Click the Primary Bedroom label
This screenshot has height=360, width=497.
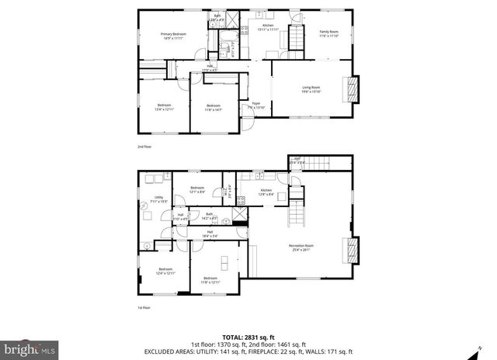[x=173, y=36]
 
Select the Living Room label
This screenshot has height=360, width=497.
[x=311, y=89]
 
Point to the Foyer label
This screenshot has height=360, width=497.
[x=255, y=105]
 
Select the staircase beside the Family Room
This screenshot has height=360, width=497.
[x=296, y=36]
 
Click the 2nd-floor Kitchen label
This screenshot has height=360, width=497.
[x=268, y=28]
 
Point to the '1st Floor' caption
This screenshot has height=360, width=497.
[x=144, y=308]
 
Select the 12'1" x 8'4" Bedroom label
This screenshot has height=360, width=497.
[x=197, y=189]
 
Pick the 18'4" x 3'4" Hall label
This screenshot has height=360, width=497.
[x=210, y=234]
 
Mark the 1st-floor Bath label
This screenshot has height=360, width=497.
[x=209, y=216]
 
